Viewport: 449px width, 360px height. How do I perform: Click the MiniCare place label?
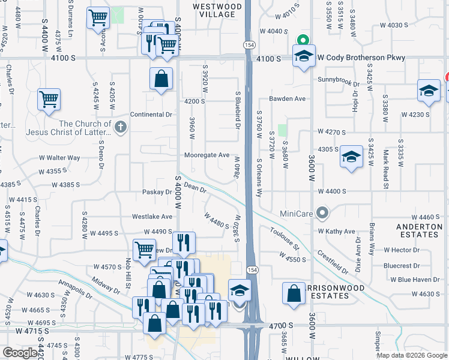[298, 213]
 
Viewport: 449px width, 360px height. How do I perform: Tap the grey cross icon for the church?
[120, 127]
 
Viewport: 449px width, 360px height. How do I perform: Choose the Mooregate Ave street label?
[206, 155]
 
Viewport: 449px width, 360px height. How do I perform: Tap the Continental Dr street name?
[151, 114]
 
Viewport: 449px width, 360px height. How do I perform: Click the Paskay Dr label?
[157, 192]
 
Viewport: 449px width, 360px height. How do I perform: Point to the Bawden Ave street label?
[288, 98]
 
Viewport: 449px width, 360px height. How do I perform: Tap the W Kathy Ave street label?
[336, 231]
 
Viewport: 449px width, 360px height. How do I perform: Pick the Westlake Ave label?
[152, 217]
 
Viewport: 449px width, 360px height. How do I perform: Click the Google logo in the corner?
[20, 353]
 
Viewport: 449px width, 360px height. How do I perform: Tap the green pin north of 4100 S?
[304, 40]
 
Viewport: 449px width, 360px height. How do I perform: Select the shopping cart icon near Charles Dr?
[49, 99]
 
